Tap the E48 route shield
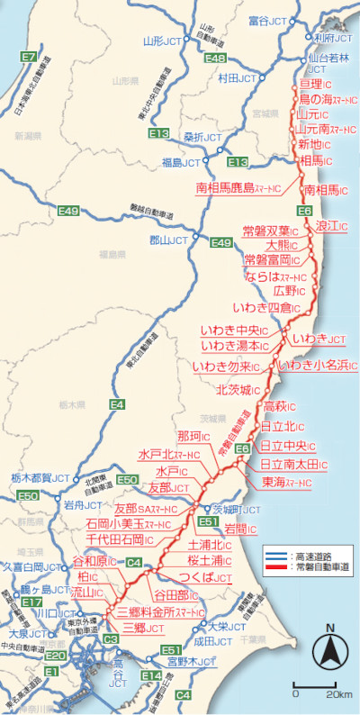point(214,58)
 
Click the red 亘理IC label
point(316,85)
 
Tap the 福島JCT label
point(179,162)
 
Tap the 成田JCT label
point(216,641)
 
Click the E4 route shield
point(116,405)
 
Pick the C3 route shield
point(111,639)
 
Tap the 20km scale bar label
point(338,693)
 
